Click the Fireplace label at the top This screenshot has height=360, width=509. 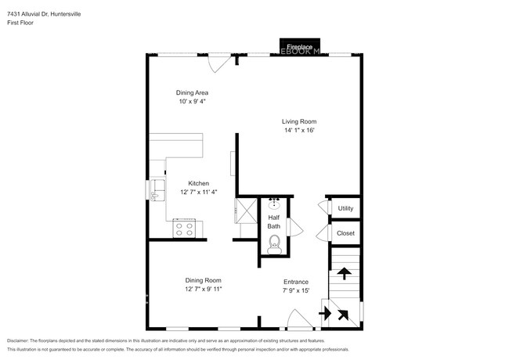298,48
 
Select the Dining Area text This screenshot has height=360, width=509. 192,92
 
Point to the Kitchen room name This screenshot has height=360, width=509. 198,183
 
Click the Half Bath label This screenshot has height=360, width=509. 274,221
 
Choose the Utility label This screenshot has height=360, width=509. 345,208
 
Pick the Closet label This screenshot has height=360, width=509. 345,233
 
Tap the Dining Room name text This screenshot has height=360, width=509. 203,280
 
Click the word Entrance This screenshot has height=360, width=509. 295,282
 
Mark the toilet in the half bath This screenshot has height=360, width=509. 273,247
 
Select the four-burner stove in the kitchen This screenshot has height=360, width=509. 185,229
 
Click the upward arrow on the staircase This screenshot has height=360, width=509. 343,273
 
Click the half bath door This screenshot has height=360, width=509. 294,226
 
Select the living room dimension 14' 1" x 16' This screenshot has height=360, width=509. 299,131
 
